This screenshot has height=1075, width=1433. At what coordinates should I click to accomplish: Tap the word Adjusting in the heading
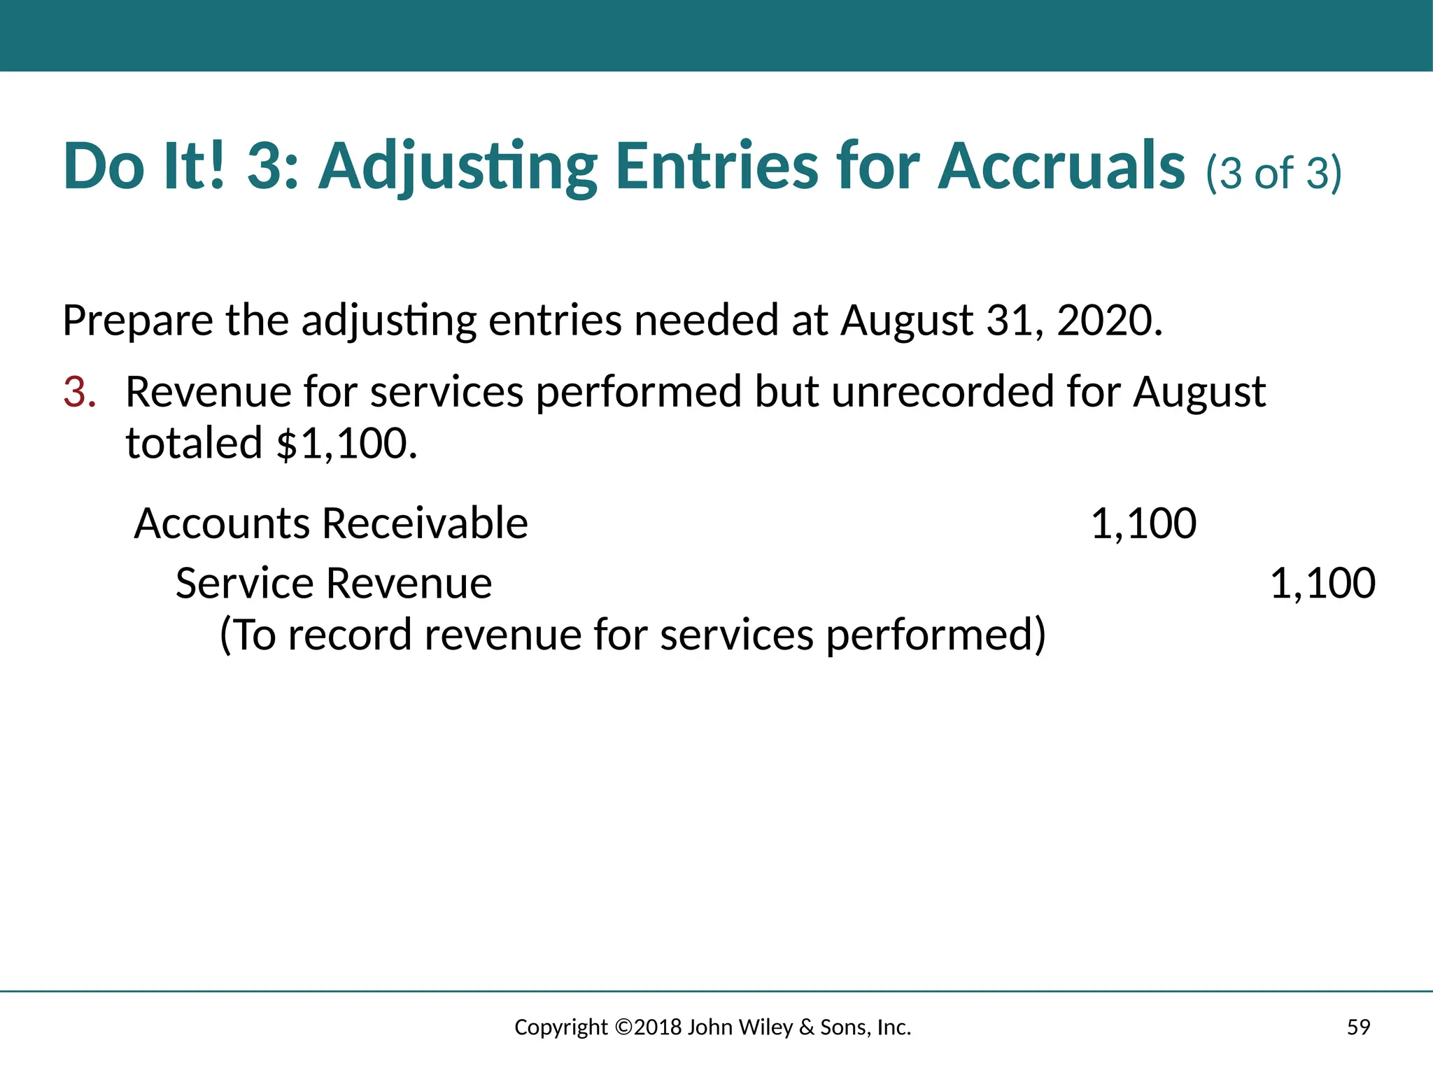458,168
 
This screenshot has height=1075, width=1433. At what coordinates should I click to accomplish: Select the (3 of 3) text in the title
1273,172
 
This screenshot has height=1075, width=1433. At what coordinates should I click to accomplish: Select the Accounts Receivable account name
331,524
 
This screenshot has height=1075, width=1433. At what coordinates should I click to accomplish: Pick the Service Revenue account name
333,583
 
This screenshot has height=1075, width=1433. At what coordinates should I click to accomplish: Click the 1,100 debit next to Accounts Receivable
1143,524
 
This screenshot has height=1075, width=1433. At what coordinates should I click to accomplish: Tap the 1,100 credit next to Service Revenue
1322,583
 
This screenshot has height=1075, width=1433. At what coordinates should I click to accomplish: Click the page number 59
1358,1027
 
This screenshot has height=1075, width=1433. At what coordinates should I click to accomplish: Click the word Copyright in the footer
561,1027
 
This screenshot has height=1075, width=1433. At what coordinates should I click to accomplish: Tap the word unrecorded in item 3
943,391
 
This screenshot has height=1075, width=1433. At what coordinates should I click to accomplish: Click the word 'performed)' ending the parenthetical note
936,635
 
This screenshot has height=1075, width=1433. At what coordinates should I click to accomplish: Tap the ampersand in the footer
806,1027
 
